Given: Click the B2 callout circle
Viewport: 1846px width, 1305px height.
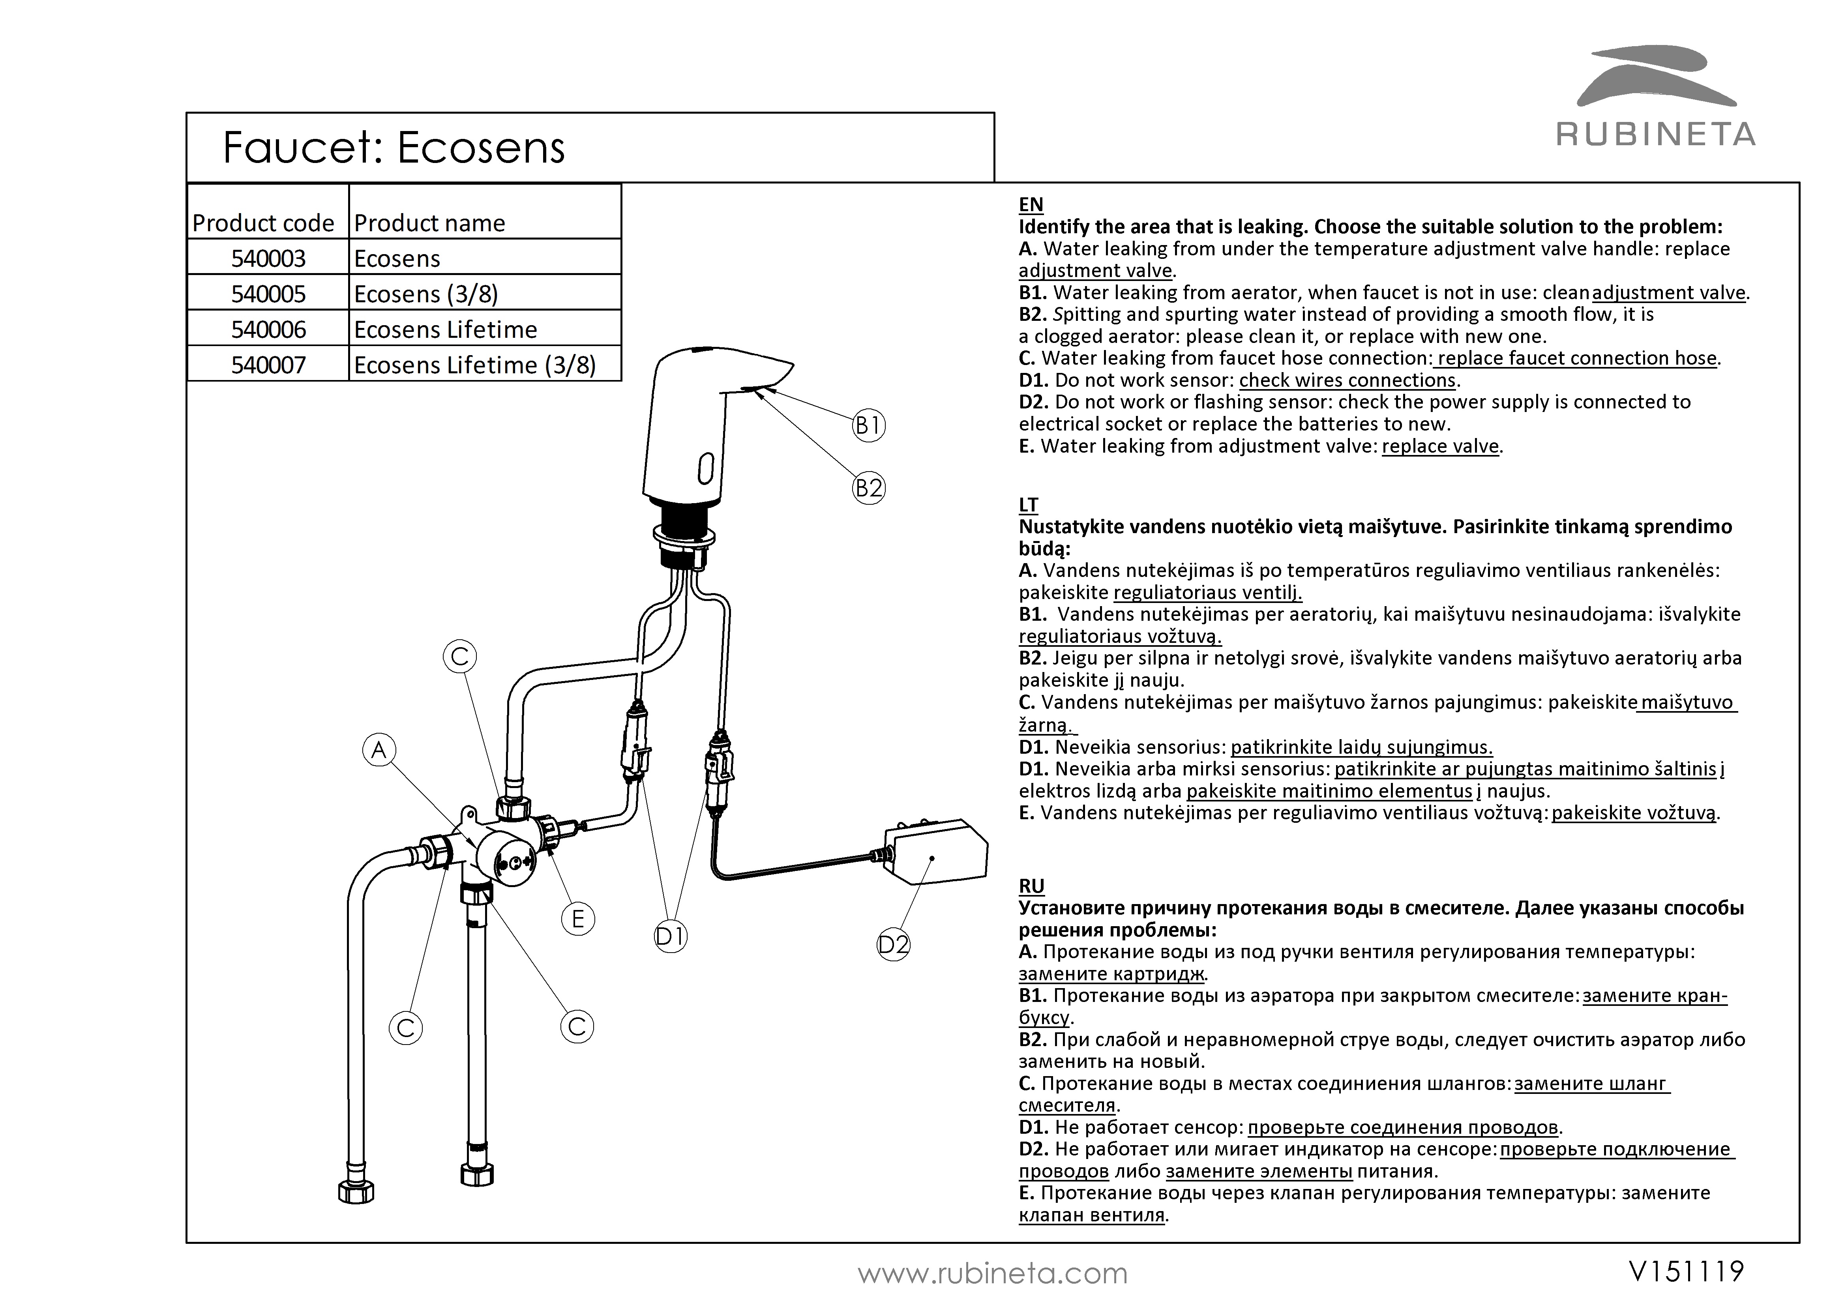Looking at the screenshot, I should pyautogui.click(x=868, y=488).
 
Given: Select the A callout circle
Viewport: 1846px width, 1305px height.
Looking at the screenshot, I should pyautogui.click(x=379, y=750).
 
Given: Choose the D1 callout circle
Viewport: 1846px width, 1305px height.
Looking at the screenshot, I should pyautogui.click(x=671, y=936).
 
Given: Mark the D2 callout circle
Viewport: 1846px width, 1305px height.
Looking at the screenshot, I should pyautogui.click(x=893, y=945).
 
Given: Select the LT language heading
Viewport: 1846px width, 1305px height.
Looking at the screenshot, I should pyautogui.click(x=1028, y=505).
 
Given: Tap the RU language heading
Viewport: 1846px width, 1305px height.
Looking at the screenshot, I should pyautogui.click(x=1031, y=886).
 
